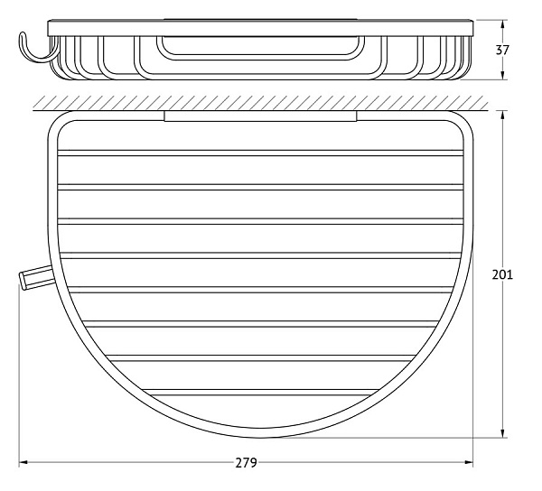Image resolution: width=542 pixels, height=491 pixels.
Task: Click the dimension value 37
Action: pos(502,50)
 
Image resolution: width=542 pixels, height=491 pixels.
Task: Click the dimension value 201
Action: pos(502,274)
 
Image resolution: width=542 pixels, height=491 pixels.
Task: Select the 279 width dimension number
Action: pos(246,463)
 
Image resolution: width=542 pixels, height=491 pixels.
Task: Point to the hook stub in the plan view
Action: pos(36,277)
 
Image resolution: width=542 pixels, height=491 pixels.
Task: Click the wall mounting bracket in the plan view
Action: pos(260,116)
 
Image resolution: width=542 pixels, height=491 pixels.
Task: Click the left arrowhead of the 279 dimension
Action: pos(23,463)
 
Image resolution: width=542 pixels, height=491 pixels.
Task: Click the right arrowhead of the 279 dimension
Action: pos(468,463)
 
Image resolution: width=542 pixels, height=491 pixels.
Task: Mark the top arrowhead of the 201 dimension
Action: pos(503,116)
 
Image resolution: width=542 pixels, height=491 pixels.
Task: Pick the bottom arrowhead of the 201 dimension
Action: pos(503,433)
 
